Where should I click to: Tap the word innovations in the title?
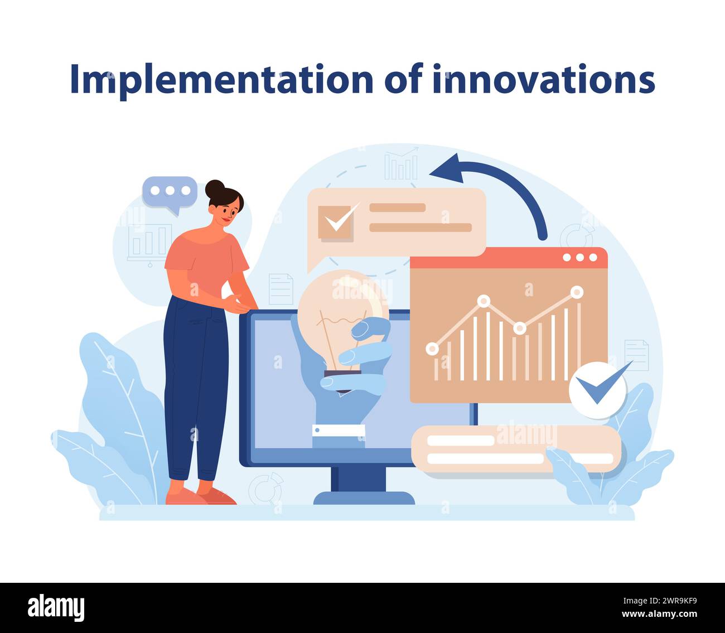tap(543, 80)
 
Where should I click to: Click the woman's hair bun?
tap(214, 189)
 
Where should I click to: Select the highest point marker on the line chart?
tap(577, 292)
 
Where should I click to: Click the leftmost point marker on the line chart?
tap(432, 349)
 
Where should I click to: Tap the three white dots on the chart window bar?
tap(580, 258)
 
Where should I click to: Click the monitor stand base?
tap(364, 497)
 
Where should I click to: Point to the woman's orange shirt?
tap(206, 262)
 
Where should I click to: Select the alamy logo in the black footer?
tap(56, 608)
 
